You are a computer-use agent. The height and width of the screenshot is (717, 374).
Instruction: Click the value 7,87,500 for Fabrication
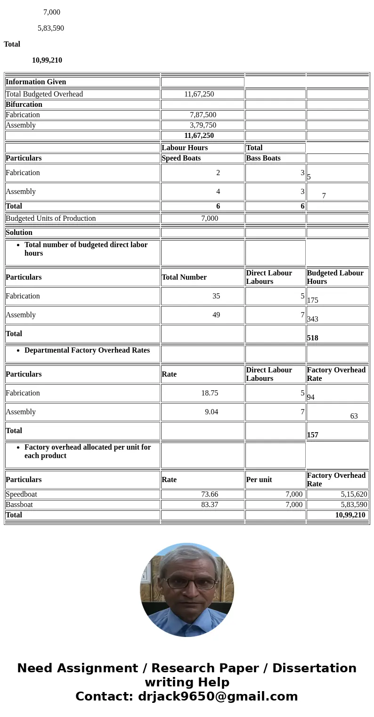(x=203, y=115)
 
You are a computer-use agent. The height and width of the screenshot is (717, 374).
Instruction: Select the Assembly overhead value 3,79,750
(x=203, y=125)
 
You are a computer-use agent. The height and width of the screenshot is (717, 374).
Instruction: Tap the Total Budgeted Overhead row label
(x=44, y=94)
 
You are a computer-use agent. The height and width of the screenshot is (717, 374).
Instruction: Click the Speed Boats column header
(x=181, y=158)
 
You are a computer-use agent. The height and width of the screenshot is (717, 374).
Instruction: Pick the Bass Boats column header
(x=263, y=158)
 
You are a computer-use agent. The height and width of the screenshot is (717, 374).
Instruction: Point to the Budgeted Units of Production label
(x=51, y=218)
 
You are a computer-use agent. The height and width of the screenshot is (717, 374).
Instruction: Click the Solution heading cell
(x=19, y=233)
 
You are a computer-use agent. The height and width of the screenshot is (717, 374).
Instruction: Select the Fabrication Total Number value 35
(x=216, y=296)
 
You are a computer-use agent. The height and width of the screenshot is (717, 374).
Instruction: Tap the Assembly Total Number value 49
(x=216, y=315)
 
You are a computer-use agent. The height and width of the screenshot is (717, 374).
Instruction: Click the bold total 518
(x=313, y=338)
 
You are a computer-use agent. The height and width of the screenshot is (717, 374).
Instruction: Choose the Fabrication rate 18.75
(x=210, y=393)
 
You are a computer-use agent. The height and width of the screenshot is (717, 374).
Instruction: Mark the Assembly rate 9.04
(x=211, y=412)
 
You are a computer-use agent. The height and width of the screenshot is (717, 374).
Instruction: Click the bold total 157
(x=313, y=435)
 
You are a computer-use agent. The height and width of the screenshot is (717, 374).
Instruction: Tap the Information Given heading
(x=36, y=82)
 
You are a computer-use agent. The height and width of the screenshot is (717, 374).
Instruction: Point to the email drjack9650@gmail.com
(x=218, y=697)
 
